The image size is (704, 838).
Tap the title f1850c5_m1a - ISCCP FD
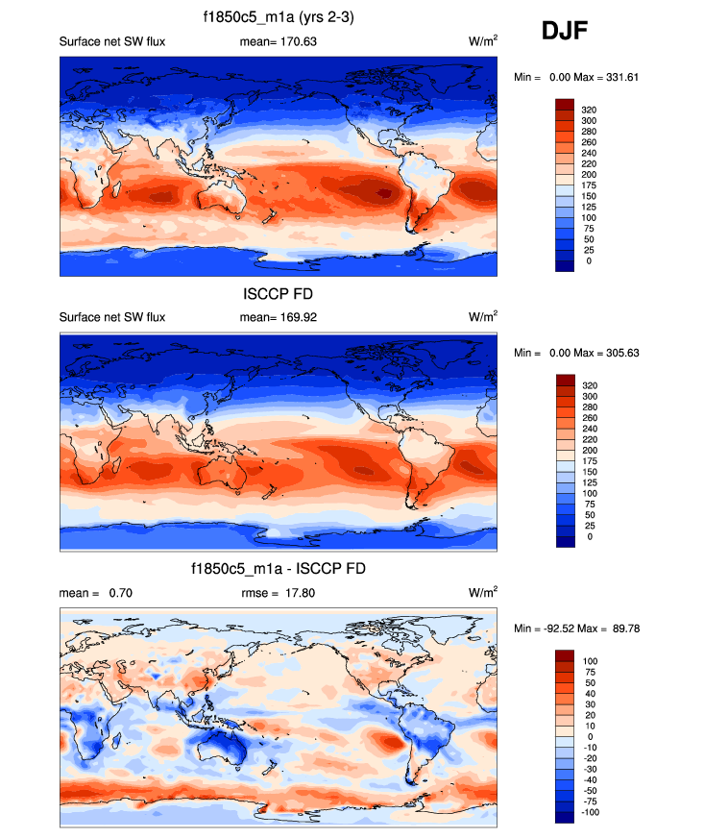[279, 570]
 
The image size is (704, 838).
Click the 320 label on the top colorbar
[593, 110]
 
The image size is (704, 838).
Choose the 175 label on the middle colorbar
[593, 460]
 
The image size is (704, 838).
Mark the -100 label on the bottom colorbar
[595, 813]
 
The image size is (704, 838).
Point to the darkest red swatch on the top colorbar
[565, 104]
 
